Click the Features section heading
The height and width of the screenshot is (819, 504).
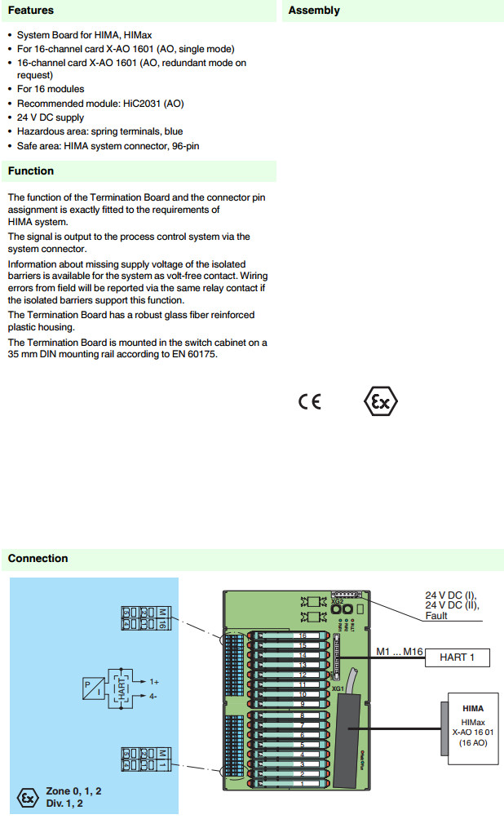(x=31, y=11)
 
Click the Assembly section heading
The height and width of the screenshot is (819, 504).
(x=314, y=11)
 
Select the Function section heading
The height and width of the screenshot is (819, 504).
(x=31, y=170)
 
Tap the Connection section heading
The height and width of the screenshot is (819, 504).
(x=38, y=558)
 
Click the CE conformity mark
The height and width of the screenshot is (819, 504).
(x=310, y=402)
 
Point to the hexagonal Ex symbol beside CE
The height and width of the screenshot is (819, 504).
(x=380, y=402)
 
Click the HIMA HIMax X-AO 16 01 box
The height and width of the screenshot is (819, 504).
(x=472, y=728)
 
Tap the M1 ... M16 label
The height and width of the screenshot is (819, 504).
(x=400, y=651)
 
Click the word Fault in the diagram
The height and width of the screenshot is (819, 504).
(x=437, y=616)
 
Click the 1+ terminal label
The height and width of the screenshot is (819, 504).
(x=154, y=680)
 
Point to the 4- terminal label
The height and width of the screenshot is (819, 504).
(x=154, y=696)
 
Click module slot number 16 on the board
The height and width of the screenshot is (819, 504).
(x=302, y=635)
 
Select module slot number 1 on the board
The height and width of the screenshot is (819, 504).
(x=302, y=784)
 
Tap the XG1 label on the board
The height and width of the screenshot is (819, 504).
(x=338, y=688)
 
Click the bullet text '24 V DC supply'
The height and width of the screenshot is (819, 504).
(x=51, y=117)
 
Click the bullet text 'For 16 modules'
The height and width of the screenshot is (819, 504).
(x=51, y=89)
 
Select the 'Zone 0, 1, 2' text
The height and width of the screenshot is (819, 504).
(x=73, y=791)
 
